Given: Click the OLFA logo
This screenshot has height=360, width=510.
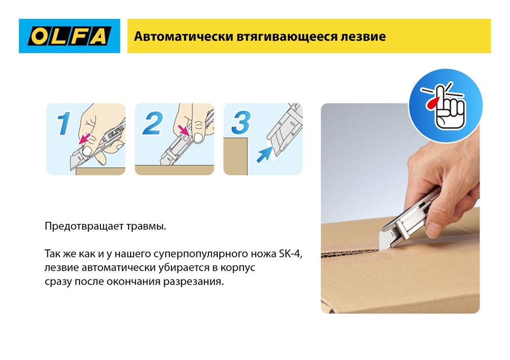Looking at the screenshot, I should [x=69, y=36].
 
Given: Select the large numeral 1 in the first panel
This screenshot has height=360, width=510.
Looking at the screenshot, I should [x=63, y=124].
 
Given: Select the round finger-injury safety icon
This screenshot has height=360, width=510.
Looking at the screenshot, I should [x=445, y=105].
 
